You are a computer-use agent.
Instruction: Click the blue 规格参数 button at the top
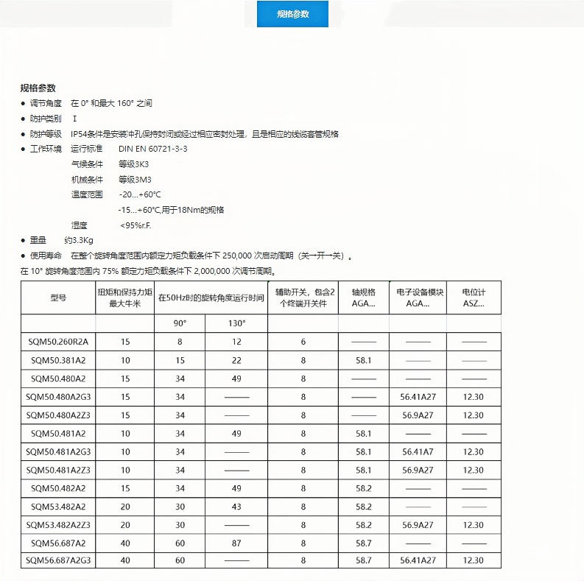coord(292,14)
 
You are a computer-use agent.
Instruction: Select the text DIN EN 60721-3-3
coord(152,149)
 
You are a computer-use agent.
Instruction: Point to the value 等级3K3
coord(134,163)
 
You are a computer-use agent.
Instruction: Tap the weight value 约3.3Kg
coord(79,240)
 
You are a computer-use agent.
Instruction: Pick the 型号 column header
coord(58,297)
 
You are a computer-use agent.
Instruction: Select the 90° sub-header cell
coord(180,323)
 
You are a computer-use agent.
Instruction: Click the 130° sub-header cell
coord(236,323)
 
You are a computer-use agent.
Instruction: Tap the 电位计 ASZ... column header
coord(474,297)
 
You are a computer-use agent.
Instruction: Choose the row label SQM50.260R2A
coord(58,342)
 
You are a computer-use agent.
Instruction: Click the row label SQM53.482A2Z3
coord(58,525)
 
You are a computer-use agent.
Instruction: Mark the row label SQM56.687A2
coord(58,543)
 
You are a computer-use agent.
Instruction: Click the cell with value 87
coord(236,543)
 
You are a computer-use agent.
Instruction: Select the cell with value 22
coord(236,360)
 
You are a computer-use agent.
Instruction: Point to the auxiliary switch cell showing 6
coord(303,342)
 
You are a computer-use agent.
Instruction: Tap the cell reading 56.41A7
coord(418,451)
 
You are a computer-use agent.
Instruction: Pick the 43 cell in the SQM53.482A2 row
coord(236,507)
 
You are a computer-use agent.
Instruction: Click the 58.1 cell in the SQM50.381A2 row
coord(364,360)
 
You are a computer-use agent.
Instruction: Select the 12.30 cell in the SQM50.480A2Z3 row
coord(474,415)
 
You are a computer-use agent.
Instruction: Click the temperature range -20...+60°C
coord(139,194)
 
